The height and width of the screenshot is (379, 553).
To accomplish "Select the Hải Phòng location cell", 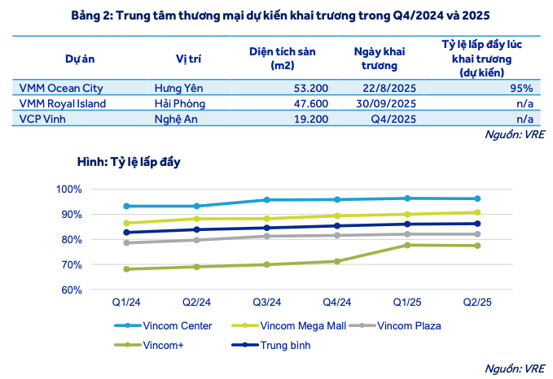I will tap(179, 103).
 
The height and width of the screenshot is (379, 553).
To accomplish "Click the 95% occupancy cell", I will tap(522, 89).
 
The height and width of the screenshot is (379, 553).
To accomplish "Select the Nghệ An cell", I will tap(176, 118).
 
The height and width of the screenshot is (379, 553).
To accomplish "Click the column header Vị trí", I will tap(188, 59).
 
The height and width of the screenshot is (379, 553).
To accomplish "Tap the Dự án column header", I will tap(79, 59).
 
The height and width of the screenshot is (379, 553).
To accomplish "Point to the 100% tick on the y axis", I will tap(69, 189).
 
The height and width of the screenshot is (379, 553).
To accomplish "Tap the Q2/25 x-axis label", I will tap(476, 302).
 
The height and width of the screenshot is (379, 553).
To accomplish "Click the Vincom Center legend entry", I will tap(175, 326).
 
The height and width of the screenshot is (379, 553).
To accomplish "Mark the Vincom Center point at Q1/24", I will tap(127, 206).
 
